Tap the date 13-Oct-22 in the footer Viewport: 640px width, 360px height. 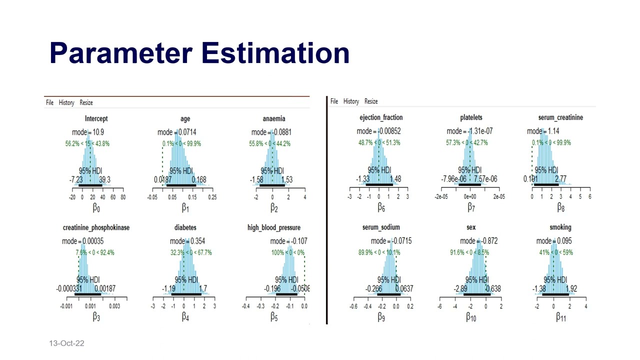[66, 343]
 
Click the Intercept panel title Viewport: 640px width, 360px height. [96, 119]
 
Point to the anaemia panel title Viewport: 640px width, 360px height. [273, 119]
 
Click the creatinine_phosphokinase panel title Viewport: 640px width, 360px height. [96, 228]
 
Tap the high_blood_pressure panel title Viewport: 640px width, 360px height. [273, 228]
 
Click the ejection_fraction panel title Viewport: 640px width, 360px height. [381, 117]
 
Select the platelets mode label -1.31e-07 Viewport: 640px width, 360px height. [469, 131]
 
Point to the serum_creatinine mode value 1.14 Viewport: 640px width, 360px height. [553, 131]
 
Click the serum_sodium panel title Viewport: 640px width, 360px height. [381, 227]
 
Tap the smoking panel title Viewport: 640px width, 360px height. [560, 227]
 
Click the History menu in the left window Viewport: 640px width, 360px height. [66, 102]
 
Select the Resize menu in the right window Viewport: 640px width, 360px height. [371, 101]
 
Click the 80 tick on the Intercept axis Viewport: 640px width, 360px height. [123, 197]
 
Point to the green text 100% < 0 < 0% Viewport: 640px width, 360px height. [288, 252]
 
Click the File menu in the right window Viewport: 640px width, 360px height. [334, 101]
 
